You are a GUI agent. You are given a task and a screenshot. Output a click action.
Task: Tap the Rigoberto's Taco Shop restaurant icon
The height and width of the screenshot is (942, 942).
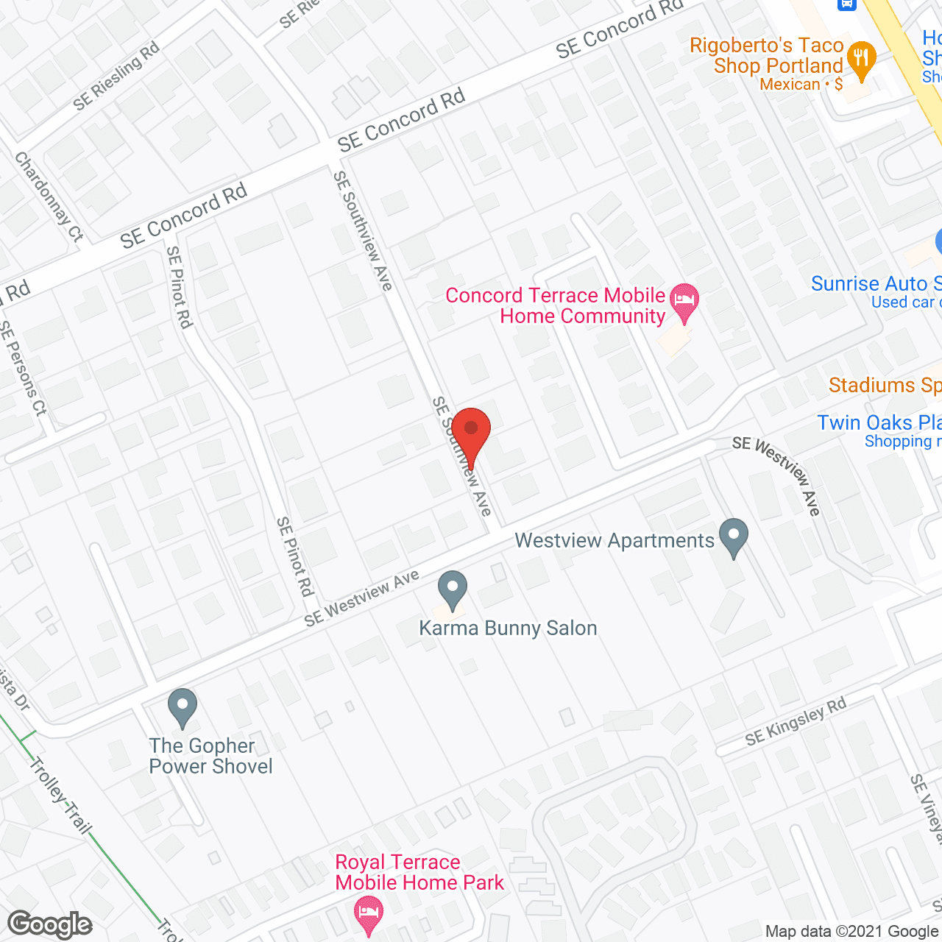tap(861, 59)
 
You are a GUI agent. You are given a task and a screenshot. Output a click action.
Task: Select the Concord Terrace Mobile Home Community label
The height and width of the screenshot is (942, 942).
tap(556, 305)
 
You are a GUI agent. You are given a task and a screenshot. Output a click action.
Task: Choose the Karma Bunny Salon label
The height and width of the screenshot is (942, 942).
tap(508, 628)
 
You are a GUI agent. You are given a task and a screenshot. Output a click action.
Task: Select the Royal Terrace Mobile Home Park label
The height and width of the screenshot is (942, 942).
tap(419, 872)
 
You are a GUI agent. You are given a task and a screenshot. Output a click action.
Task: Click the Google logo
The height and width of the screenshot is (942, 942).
tap(50, 924)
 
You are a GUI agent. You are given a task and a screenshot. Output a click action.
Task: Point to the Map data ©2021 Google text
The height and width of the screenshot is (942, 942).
tap(851, 932)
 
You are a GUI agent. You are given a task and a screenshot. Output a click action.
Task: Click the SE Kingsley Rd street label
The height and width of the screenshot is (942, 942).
tap(796, 722)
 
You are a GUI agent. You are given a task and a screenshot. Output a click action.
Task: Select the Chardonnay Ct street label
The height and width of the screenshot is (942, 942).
tap(49, 196)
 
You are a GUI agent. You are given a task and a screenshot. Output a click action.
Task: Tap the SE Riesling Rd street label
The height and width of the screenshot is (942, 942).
tap(116, 77)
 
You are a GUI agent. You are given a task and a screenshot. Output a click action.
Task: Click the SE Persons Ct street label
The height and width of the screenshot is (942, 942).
tap(24, 368)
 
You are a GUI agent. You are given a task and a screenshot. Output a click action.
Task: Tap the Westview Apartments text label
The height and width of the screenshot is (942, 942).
tap(615, 541)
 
